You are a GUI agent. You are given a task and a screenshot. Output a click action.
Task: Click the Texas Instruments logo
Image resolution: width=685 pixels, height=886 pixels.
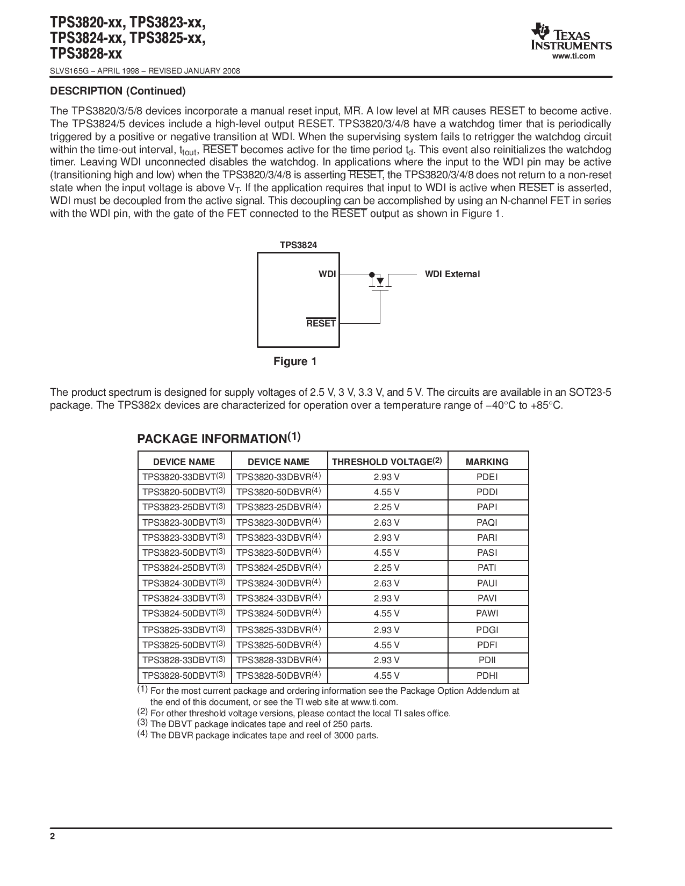[571, 38]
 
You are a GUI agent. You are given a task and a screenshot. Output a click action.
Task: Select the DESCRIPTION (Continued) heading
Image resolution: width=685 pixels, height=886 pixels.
[118, 91]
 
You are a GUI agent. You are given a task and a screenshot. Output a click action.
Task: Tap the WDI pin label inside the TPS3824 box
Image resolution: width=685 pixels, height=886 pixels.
[327, 274]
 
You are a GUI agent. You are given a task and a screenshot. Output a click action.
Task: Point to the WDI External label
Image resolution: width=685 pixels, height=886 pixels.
[452, 274]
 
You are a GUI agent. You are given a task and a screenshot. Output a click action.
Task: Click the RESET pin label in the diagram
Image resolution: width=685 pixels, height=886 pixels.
[321, 323]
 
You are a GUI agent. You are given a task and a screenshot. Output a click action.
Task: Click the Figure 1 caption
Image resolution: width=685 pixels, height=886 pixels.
[295, 361]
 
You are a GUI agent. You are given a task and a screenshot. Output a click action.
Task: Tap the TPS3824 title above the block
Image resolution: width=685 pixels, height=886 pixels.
[298, 245]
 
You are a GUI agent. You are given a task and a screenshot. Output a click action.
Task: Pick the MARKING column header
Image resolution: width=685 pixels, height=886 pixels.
[487, 462]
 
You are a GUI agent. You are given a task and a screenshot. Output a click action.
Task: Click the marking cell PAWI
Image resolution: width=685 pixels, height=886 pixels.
[487, 613]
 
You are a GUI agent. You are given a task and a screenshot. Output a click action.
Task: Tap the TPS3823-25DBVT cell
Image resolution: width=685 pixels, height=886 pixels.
[184, 507]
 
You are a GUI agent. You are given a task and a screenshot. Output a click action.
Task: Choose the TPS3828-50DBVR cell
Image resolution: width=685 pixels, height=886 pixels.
[278, 676]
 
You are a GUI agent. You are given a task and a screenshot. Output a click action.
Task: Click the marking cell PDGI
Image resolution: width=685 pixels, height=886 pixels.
[487, 630]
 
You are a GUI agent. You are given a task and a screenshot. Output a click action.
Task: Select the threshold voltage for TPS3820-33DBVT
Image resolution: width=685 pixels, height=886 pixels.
[387, 477]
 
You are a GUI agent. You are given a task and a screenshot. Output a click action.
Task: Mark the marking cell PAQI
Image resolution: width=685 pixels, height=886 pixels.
[487, 522]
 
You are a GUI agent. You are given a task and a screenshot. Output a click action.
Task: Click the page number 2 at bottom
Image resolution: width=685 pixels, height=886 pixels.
[53, 837]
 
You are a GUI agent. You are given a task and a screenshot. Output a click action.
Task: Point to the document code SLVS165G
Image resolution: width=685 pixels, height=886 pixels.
[66, 71]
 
